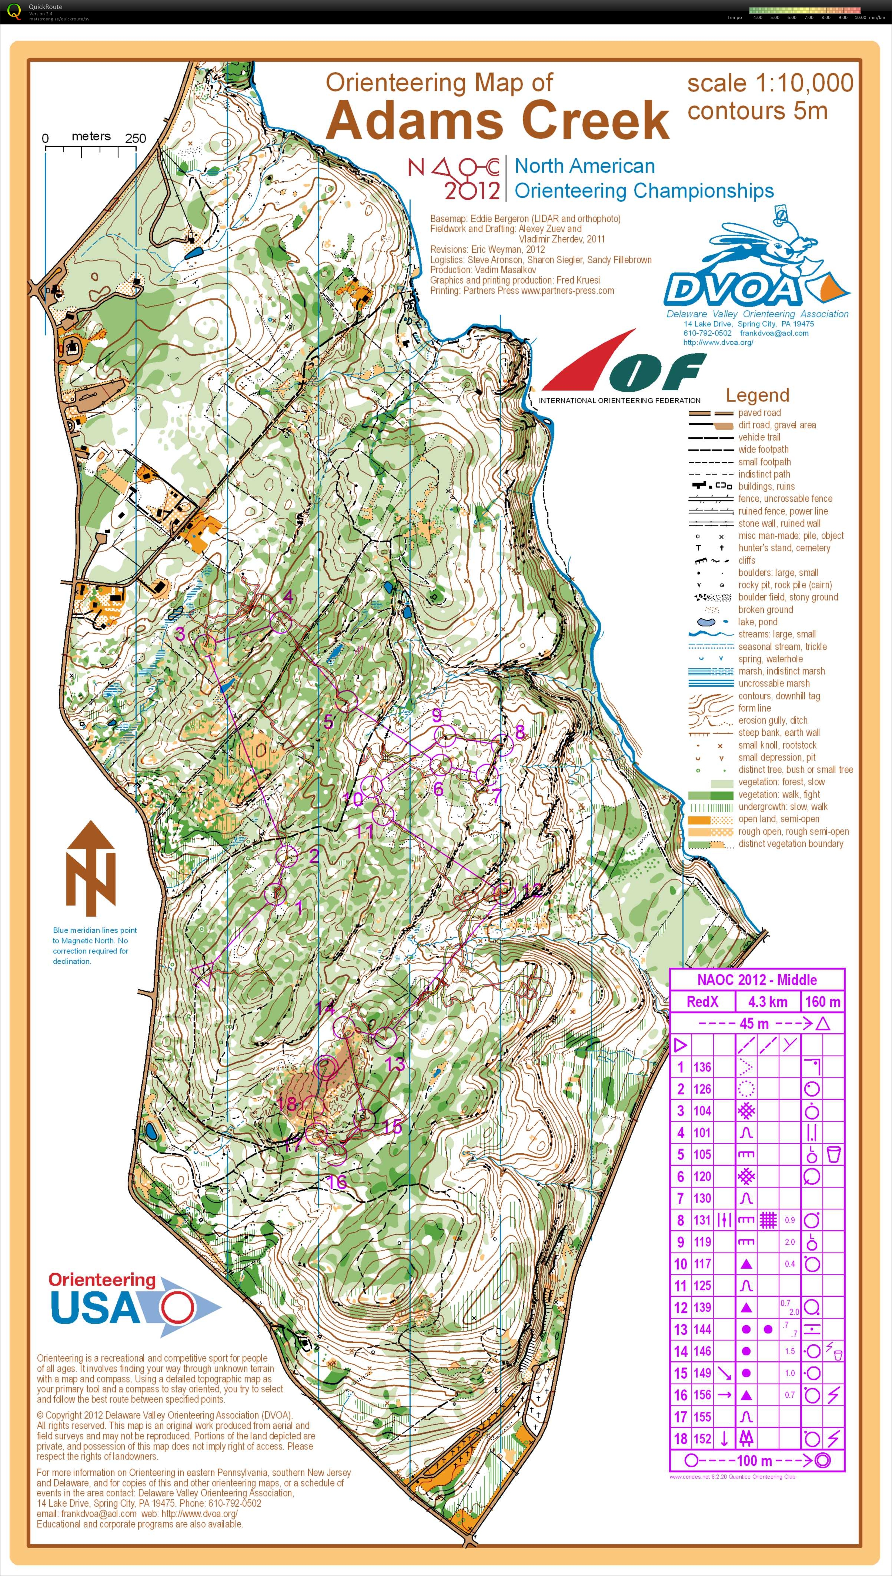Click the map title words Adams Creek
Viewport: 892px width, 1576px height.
point(497,120)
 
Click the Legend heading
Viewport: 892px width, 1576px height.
point(757,395)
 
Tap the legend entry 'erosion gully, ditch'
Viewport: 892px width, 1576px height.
point(772,720)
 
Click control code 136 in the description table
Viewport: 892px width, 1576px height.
point(702,1067)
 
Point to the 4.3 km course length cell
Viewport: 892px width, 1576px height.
point(768,1001)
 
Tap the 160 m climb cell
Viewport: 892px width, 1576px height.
point(823,1001)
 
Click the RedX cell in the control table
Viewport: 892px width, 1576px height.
point(702,1001)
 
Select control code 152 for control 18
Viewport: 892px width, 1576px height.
point(702,1439)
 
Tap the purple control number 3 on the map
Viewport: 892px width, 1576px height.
point(180,633)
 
